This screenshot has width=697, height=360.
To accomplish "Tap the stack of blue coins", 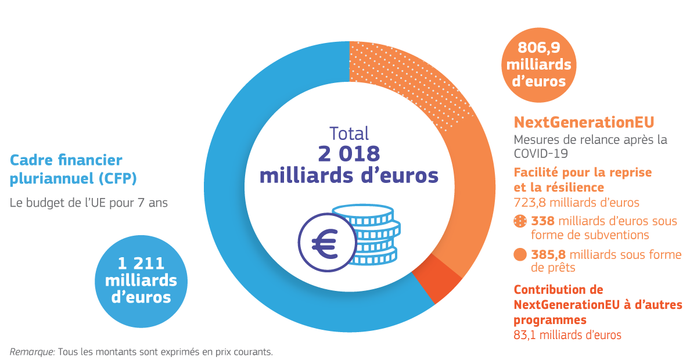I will (x=372, y=232).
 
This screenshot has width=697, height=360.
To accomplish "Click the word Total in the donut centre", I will (x=348, y=133).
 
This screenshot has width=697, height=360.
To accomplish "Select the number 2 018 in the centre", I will (x=348, y=153).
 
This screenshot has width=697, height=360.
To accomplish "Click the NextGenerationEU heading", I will (x=584, y=122).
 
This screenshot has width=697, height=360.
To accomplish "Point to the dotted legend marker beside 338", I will (x=520, y=221).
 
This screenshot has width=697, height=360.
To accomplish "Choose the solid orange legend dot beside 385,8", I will (x=520, y=254).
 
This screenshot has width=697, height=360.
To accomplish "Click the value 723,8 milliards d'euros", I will (x=576, y=203).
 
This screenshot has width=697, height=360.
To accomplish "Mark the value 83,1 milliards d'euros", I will (x=567, y=335).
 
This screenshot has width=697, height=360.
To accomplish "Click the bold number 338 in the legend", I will (x=543, y=221).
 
